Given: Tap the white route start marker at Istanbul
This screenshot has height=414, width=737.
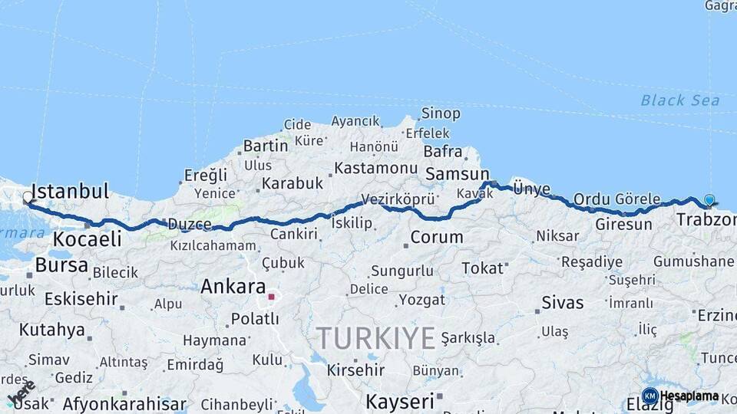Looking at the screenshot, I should tap(28, 198).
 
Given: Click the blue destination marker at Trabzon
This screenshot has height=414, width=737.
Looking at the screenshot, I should tap(709, 200).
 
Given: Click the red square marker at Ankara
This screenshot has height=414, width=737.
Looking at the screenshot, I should tap(271, 296).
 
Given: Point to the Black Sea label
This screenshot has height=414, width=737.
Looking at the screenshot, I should tap(679, 100).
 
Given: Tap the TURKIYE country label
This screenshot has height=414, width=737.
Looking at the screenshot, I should tap(376, 337).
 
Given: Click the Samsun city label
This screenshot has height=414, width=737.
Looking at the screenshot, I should tap(457, 174).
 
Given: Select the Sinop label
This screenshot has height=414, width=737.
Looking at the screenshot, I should tap(441, 113).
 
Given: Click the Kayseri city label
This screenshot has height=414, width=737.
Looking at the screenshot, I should tap(399, 401).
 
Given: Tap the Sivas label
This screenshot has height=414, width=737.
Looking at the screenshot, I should tap(563, 302).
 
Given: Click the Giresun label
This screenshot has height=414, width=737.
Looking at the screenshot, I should tap(623, 225).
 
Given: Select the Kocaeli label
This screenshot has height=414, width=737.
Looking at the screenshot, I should tap(87, 239).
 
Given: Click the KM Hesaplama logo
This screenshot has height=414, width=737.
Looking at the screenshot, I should tap(680, 396).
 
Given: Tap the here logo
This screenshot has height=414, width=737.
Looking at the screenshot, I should tap(21, 391).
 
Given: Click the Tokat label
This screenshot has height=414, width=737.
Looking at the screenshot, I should tap(482, 268).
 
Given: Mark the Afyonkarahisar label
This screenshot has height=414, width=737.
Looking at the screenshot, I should tap(124, 403).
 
